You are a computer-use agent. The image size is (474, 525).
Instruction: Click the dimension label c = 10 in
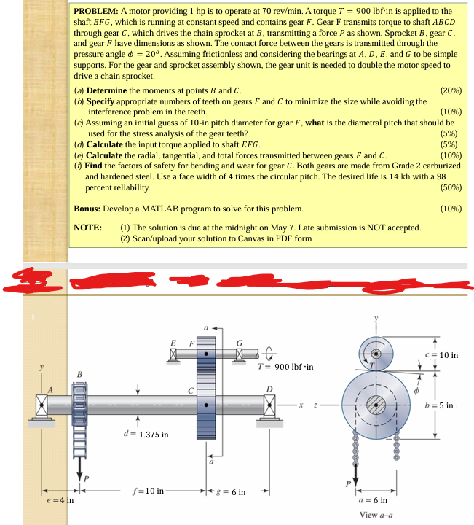tap(443, 355)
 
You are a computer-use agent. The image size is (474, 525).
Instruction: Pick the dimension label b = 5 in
tap(440, 405)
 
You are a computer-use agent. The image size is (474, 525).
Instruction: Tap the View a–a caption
tap(377, 516)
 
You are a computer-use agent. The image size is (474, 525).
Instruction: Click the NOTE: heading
tap(89, 227)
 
